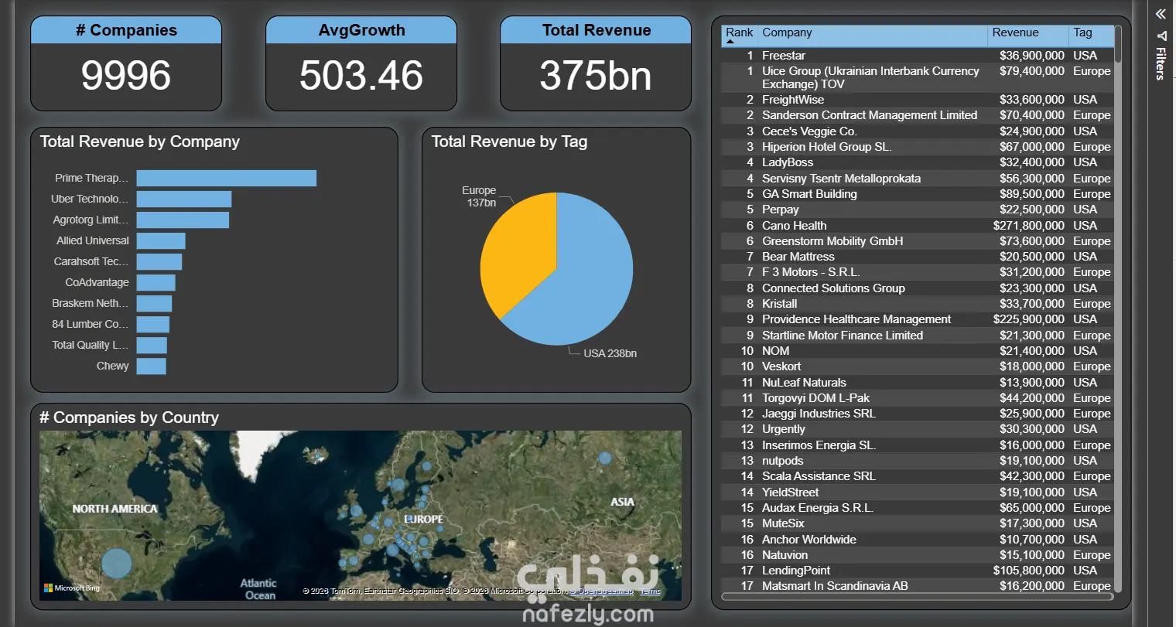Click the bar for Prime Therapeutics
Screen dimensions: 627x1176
pos(226,179)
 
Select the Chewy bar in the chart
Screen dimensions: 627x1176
pos(151,366)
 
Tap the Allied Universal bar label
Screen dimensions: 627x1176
pos(93,240)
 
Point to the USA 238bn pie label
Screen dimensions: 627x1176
pos(610,353)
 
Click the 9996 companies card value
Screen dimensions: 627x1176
pos(126,76)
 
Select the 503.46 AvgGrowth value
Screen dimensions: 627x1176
pos(361,76)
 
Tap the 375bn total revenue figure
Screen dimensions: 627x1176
pos(596,76)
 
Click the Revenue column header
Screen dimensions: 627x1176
pos(1015,32)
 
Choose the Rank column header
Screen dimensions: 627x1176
pos(739,32)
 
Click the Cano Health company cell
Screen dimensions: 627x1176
pos(794,226)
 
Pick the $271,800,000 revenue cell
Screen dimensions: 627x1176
pos(1028,226)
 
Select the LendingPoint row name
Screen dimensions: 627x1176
pos(796,571)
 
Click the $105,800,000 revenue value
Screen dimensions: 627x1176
pos(1028,571)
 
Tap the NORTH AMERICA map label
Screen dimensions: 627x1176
pos(115,509)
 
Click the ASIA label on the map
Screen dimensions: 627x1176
pos(622,502)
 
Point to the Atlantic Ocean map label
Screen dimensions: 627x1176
pos(258,589)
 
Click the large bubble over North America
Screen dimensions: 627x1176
pos(117,564)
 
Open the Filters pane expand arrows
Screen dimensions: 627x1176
pos(1161,14)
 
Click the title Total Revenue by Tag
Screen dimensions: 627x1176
pos(509,141)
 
